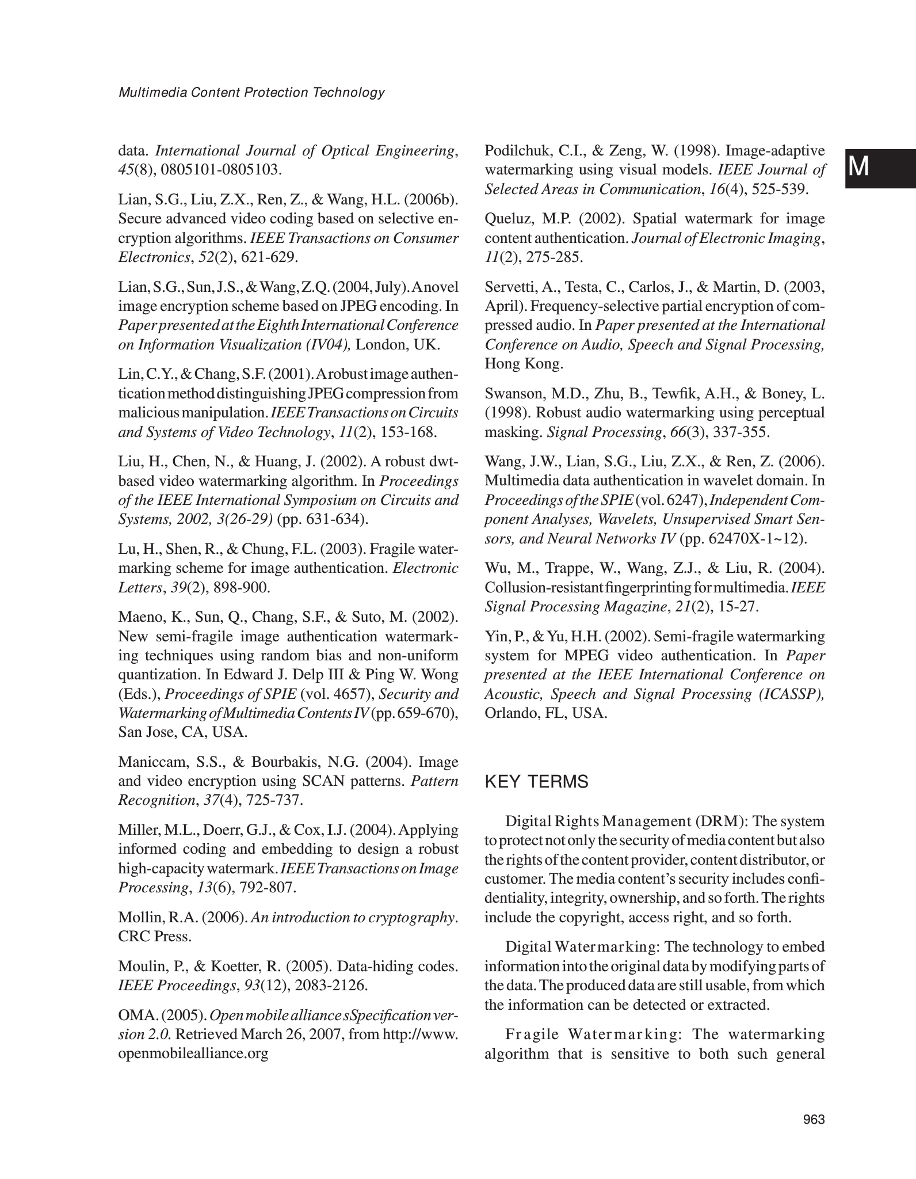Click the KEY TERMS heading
click(x=536, y=782)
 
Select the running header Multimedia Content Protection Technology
click(x=251, y=92)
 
